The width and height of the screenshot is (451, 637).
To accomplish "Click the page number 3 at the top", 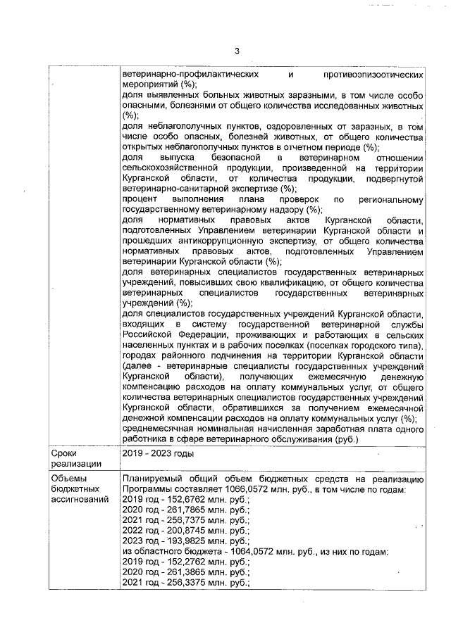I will click(237, 51).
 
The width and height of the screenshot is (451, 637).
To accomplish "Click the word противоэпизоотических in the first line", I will click(374, 74).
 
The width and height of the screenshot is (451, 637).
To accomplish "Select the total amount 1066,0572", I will click(245, 490).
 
